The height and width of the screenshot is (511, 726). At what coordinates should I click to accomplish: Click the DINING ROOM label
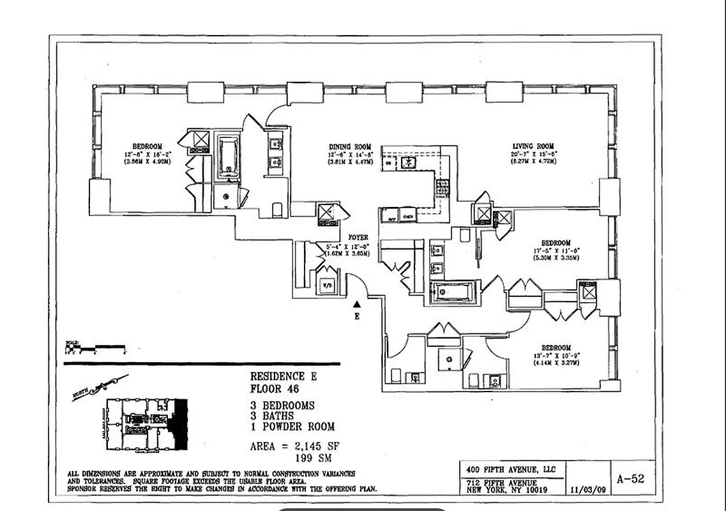349,147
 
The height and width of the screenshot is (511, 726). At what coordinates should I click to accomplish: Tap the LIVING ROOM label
533,146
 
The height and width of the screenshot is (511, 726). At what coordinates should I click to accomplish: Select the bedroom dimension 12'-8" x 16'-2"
147,154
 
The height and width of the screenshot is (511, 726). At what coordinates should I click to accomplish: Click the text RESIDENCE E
282,377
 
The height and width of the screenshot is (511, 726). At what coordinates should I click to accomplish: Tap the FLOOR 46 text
275,388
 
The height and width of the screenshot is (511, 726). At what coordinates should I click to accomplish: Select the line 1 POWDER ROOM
292,427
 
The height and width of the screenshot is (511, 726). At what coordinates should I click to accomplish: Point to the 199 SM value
312,458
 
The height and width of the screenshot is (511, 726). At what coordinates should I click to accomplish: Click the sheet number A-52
630,478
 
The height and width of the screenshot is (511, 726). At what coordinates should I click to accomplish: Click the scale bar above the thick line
96,348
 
